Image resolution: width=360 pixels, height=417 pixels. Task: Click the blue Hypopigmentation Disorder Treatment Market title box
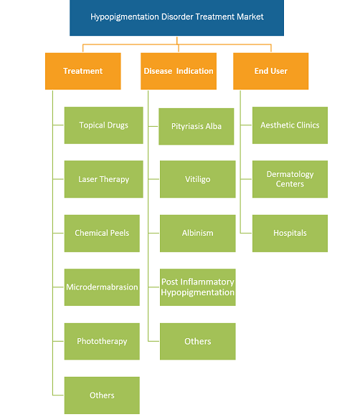177,17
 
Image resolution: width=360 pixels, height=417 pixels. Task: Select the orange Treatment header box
83,71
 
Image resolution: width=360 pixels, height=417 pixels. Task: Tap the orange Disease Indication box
179,71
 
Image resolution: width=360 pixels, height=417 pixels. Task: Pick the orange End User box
271,71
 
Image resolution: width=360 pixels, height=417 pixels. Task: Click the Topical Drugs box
103,125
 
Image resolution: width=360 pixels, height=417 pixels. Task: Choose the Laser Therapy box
103,179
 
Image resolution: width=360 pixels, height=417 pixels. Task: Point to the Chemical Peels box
102,234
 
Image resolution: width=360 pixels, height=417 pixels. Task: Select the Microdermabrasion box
102,287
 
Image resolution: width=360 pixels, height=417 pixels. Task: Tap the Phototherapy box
102,341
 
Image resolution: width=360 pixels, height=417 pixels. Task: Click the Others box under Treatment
102,396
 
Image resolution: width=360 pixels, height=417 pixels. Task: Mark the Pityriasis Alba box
196,126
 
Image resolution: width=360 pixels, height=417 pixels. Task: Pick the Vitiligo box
198,179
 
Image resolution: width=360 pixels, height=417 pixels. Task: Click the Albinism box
198,234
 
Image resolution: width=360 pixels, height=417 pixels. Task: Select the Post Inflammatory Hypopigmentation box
198,287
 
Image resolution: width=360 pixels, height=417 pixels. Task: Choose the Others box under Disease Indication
198,341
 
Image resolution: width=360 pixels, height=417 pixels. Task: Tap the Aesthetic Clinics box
290,125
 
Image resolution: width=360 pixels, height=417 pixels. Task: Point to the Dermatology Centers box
290,179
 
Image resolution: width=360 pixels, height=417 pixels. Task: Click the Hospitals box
290,234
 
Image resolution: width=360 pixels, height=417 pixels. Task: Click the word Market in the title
250,16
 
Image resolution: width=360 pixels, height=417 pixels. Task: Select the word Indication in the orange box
194,71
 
